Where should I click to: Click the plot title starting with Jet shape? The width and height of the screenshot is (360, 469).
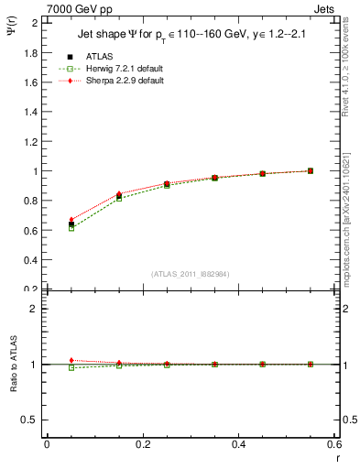coord(188,38)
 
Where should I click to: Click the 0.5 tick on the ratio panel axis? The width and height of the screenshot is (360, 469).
coord(31,420)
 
